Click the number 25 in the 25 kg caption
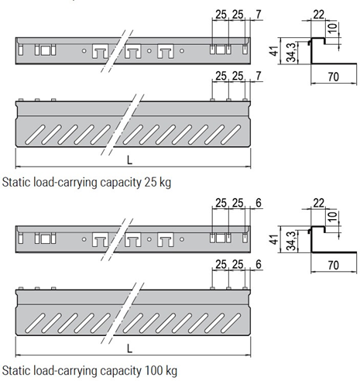[x=151, y=183]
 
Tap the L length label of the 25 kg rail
[x=129, y=160]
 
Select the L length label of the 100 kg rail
[x=129, y=349]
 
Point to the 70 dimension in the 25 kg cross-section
[x=333, y=77]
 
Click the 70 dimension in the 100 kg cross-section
[x=333, y=265]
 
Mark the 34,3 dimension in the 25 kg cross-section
[x=291, y=53]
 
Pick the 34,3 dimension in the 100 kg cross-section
[x=291, y=241]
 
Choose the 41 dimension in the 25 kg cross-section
[x=275, y=51]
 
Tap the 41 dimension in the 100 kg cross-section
[x=275, y=239]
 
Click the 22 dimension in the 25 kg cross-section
[x=318, y=15]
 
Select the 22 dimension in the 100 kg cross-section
[x=318, y=203]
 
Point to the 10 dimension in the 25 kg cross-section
[x=333, y=28]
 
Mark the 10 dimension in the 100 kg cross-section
[x=333, y=216]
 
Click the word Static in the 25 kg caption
[x=16, y=183]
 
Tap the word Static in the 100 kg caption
[x=16, y=371]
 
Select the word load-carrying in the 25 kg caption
[x=65, y=183]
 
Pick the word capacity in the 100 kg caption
[x=121, y=372]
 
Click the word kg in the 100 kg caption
[x=171, y=372]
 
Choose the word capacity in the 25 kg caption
[x=121, y=184]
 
